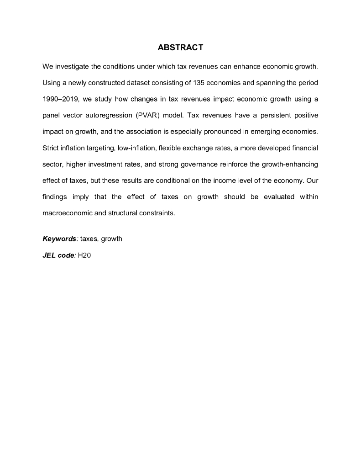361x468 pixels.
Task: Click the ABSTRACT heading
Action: click(x=180, y=48)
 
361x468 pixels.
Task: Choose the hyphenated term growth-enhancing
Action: click(x=290, y=164)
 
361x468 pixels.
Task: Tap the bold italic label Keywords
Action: click(x=59, y=239)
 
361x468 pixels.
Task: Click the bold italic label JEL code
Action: click(x=58, y=255)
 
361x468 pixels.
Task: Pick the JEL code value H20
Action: click(x=84, y=255)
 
